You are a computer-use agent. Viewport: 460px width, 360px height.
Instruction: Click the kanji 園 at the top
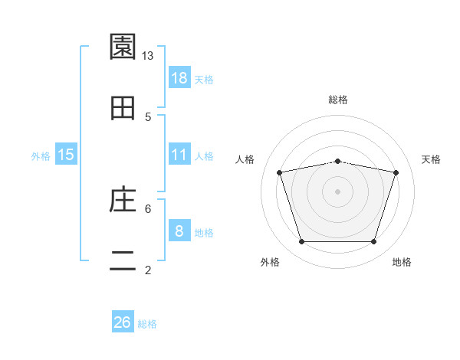[123, 47]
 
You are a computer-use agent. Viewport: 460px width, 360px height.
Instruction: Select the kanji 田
[123, 108]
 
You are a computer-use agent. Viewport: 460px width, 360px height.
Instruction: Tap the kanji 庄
[123, 198]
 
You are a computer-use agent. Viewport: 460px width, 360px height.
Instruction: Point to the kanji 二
[123, 260]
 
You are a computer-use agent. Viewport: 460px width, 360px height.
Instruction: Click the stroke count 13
[147, 56]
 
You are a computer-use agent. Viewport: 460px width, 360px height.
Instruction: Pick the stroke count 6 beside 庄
[148, 209]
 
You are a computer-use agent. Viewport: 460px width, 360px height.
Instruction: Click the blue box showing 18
[179, 77]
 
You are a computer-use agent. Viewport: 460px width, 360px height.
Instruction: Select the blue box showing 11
[179, 154]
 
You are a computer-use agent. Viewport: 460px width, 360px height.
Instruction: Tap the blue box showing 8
[179, 230]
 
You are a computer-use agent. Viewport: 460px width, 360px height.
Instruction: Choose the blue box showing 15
[66, 154]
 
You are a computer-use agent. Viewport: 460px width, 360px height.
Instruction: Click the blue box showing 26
[123, 321]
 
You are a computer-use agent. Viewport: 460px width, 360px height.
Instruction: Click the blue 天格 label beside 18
[204, 80]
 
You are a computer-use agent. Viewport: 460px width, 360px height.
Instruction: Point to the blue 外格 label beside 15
[41, 156]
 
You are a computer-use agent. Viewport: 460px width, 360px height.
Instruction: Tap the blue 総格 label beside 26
[147, 324]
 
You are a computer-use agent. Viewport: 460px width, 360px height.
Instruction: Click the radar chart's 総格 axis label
[338, 100]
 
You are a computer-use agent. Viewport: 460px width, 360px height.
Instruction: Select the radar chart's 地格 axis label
[402, 262]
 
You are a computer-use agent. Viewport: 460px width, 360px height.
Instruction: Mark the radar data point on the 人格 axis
[280, 172]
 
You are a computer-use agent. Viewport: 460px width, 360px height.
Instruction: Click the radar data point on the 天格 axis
[396, 172]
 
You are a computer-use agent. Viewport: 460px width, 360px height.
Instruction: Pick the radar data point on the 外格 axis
[302, 241]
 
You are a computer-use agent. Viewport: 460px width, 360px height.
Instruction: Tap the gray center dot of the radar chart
[337, 191]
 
